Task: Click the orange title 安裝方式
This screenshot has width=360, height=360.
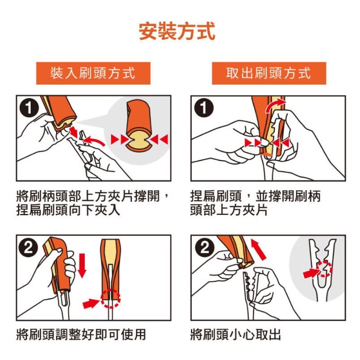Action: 177,31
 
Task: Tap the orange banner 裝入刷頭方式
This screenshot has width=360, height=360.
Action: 93,73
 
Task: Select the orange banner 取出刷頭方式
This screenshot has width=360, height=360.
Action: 269,73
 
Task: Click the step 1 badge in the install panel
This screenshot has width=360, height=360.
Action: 29,108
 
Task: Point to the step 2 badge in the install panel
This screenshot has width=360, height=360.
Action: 29,247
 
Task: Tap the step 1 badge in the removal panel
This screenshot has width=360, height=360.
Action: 204,108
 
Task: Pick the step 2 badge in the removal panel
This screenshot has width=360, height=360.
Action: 204,247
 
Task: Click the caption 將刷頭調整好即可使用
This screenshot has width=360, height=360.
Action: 81,334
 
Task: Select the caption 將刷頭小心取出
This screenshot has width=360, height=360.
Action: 235,334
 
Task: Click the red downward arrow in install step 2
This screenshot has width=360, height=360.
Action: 82,265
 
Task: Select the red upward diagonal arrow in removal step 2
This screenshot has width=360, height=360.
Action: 258,250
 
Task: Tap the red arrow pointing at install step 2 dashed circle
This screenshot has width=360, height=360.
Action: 91,303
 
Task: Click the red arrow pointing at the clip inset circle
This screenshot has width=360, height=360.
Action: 311,273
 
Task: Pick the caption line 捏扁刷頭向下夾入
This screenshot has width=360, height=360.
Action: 68,210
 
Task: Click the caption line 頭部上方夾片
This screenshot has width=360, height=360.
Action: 229,210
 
